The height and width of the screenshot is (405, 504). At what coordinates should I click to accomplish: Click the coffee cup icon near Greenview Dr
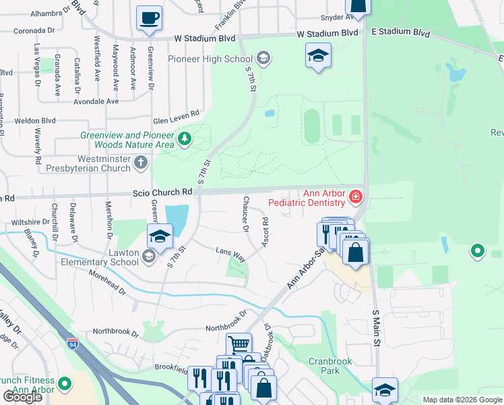click(149, 18)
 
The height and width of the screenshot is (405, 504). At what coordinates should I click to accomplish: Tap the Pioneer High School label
click(220, 59)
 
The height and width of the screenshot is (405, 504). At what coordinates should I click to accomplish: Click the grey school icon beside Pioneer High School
click(263, 59)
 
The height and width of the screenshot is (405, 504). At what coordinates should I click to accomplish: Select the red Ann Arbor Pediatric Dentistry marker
click(356, 198)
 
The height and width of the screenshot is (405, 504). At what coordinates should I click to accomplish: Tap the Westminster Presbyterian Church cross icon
click(140, 162)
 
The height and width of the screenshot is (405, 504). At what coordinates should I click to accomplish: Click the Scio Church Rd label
click(162, 192)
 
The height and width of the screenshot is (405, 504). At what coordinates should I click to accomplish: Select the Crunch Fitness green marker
click(65, 385)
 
